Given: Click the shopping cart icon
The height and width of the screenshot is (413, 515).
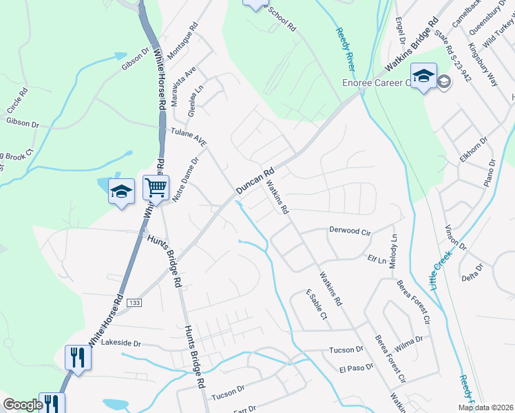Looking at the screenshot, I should (x=156, y=187).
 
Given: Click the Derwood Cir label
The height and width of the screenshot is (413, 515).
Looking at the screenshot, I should (x=350, y=231).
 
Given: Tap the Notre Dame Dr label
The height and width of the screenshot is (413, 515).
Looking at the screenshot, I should (x=185, y=180).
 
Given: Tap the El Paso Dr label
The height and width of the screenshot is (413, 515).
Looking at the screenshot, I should (x=356, y=369).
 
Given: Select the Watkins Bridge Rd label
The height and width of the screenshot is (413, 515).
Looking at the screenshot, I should (x=412, y=47).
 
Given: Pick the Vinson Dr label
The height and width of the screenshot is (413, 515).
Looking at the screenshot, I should (x=456, y=237).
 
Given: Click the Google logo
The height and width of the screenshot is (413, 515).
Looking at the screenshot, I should (x=23, y=405).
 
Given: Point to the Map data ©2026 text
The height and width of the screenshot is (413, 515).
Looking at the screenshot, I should (x=485, y=407).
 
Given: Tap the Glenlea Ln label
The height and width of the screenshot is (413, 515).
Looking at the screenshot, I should (x=195, y=101).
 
